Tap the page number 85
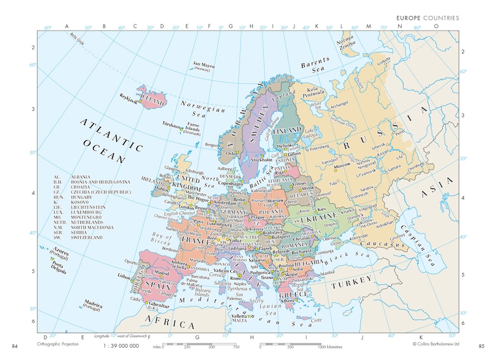[482, 348]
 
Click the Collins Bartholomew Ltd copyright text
[435, 345]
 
